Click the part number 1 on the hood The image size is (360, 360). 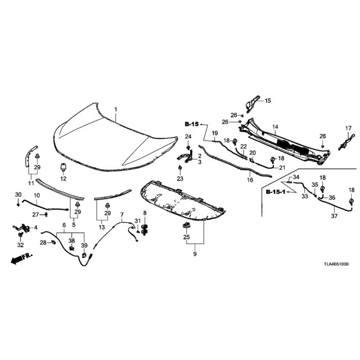point(116,109)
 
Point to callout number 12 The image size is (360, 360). point(64,179)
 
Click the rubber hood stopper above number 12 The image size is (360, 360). point(64,167)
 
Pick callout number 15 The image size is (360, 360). point(268,101)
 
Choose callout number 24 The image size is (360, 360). point(188,137)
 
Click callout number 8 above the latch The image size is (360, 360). point(145,213)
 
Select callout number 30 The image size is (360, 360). point(17,194)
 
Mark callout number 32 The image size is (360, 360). point(21,245)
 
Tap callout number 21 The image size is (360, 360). point(282,168)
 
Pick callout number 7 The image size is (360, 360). point(121,215)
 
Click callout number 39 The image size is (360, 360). point(85,245)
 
